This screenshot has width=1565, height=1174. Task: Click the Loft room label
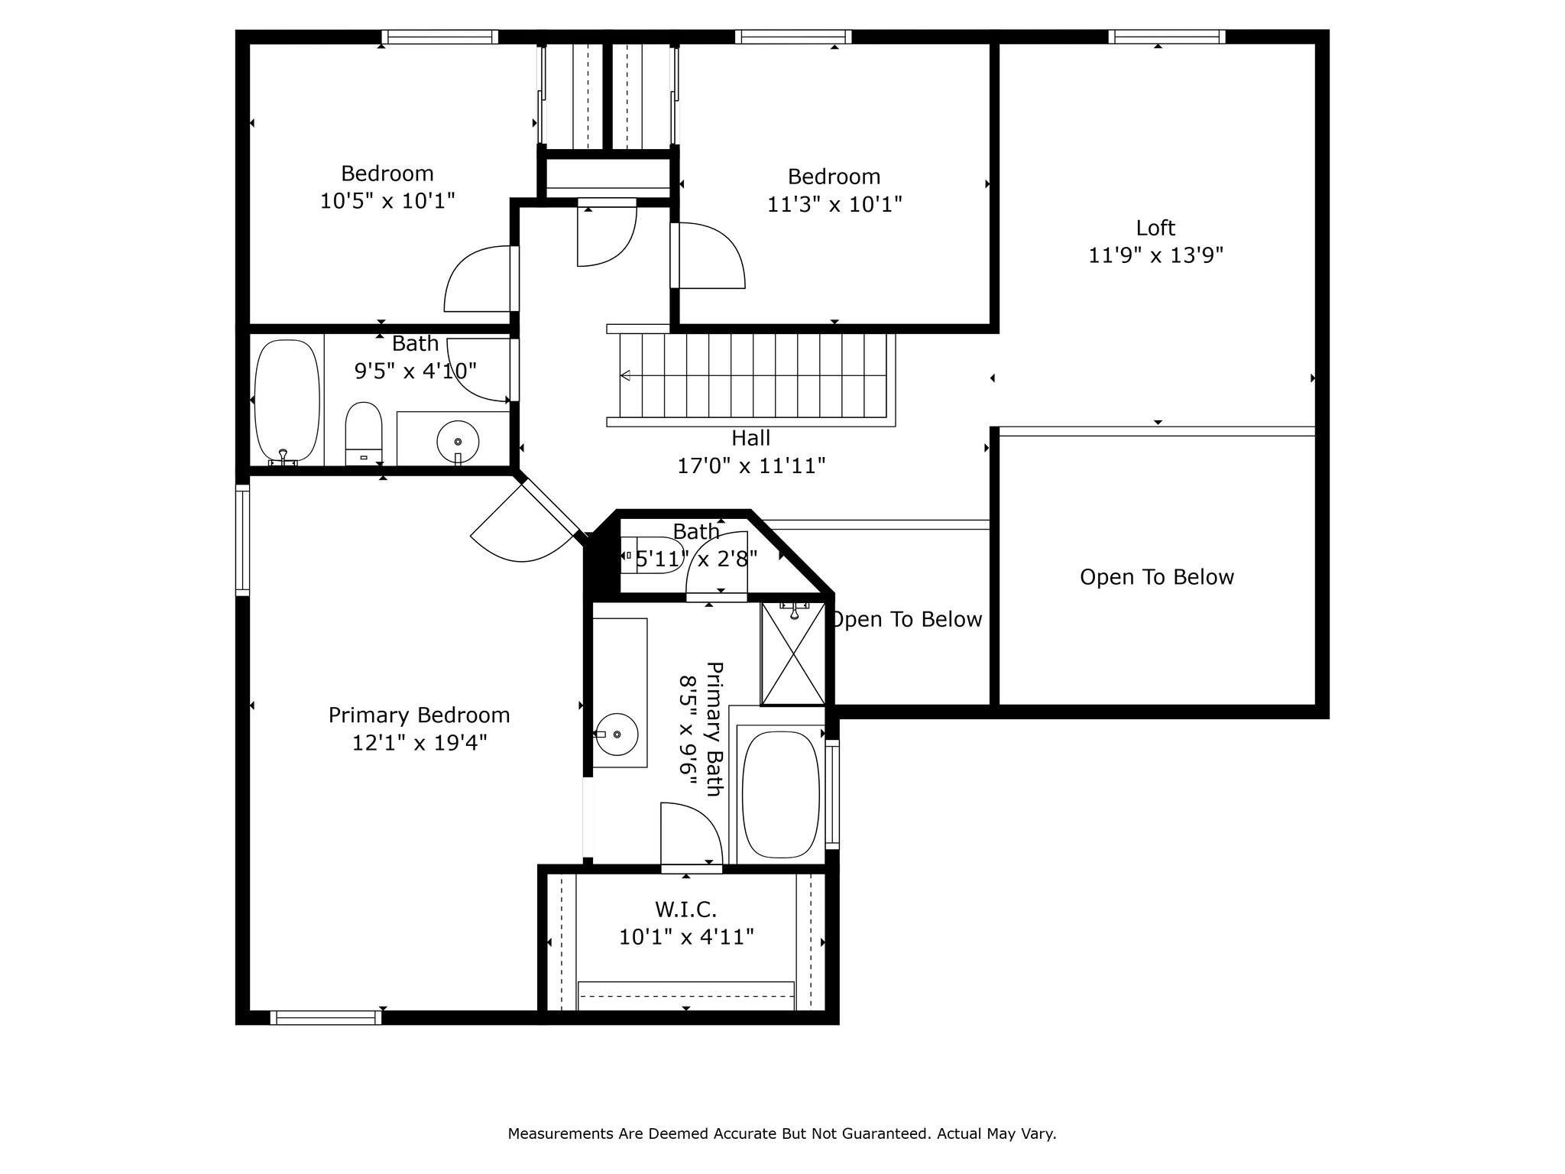pyautogui.click(x=1155, y=228)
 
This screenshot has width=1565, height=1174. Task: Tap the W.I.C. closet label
pyautogui.click(x=685, y=910)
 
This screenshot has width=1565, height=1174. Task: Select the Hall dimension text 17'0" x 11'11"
pyautogui.click(x=751, y=465)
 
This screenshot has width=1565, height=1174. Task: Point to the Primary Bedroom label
pyautogui.click(x=419, y=715)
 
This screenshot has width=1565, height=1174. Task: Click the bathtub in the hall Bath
pyautogui.click(x=287, y=401)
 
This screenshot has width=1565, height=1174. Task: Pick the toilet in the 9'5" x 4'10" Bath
pyautogui.click(x=363, y=433)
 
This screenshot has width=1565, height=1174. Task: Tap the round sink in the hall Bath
pyautogui.click(x=458, y=440)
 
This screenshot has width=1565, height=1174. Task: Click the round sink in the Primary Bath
pyautogui.click(x=616, y=734)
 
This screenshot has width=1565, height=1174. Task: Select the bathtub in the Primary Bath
pyautogui.click(x=780, y=795)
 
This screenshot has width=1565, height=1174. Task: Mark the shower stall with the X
pyautogui.click(x=793, y=653)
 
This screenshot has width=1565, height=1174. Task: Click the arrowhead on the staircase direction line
pyautogui.click(x=625, y=375)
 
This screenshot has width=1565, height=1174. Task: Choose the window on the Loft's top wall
pyautogui.click(x=1167, y=36)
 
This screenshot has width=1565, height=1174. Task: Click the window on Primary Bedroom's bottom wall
pyautogui.click(x=326, y=1017)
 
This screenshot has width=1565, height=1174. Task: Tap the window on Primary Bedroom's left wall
pyautogui.click(x=242, y=540)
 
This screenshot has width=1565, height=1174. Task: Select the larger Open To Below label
pyautogui.click(x=1157, y=577)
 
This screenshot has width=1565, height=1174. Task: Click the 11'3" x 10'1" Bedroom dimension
pyautogui.click(x=834, y=205)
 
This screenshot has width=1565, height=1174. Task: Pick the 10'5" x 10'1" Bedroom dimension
pyautogui.click(x=387, y=201)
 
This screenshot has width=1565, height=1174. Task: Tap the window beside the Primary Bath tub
pyautogui.click(x=832, y=794)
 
